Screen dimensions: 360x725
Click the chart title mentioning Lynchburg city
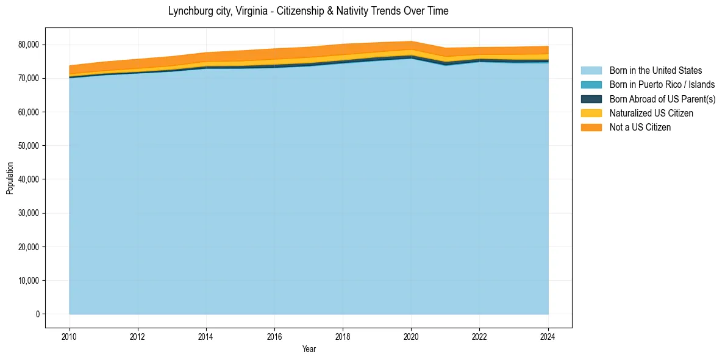(308, 11)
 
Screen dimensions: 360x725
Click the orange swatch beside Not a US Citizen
(591, 128)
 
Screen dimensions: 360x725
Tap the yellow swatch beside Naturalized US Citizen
(591, 113)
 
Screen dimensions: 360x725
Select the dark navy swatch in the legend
(591, 99)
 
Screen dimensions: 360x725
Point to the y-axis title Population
(10, 178)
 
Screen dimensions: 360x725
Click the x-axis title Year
(309, 349)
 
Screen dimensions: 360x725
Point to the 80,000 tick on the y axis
(29, 45)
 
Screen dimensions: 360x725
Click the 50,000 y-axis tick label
(29, 146)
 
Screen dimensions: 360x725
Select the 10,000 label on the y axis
(29, 281)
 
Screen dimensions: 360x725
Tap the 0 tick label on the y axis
(37, 314)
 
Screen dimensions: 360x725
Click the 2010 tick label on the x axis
(70, 336)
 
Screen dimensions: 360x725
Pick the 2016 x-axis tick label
(274, 336)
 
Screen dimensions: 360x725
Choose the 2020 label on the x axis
(411, 336)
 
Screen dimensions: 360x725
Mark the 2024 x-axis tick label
(548, 336)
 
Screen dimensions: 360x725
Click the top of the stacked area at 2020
(411, 41)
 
